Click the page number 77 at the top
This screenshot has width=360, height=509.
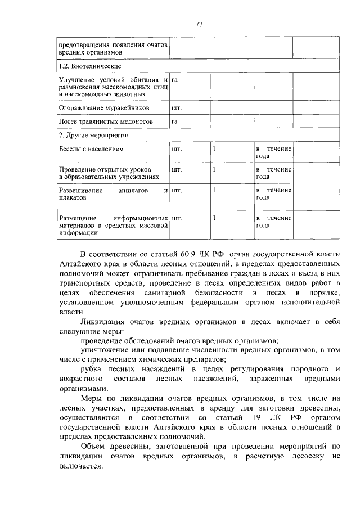[x=199, y=24]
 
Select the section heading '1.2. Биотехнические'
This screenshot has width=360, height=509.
[x=84, y=66]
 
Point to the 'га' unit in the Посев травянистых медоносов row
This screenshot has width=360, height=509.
[x=175, y=121]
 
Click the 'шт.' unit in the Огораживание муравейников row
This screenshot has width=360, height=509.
[x=177, y=107]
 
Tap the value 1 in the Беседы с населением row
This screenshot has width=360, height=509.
[x=214, y=149]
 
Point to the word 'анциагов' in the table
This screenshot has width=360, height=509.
[x=133, y=191]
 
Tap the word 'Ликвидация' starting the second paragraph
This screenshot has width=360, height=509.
[x=102, y=321]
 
